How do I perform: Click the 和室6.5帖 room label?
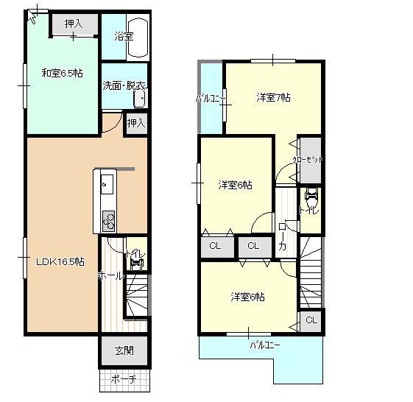pos(62,72)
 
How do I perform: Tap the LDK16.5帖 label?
pos(60,261)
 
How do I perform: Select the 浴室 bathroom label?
pos(123,35)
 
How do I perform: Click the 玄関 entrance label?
pos(124,350)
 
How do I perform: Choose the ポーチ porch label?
pos(123,380)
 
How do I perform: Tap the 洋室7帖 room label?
pos(273,96)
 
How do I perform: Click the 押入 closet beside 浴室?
pos(74,24)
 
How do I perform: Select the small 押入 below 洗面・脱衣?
pos(136,122)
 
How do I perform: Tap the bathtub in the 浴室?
pos(140,37)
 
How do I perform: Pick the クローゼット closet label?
pos(308,159)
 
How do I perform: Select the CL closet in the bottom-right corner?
pos(311,320)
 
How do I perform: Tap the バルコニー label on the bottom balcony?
pos(264,344)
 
